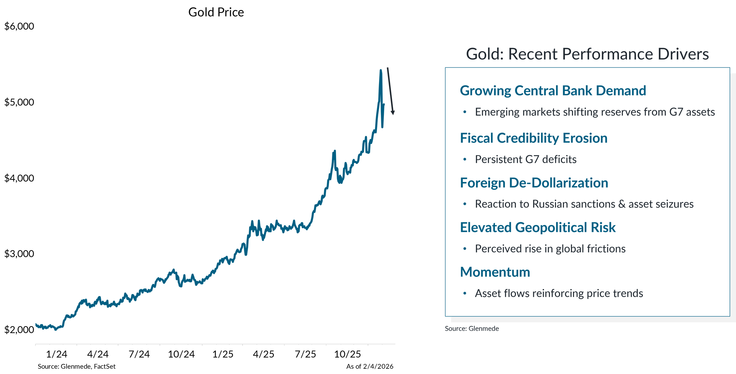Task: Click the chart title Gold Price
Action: click(x=216, y=12)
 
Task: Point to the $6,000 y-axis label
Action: click(x=19, y=26)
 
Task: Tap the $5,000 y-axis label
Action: click(x=19, y=102)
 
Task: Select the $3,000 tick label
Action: click(x=19, y=254)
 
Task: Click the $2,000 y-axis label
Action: click(x=19, y=329)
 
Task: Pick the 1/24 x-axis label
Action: click(x=57, y=354)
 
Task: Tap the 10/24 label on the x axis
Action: click(x=181, y=354)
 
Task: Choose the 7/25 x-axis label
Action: click(x=305, y=354)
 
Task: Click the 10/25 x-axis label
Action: click(x=347, y=354)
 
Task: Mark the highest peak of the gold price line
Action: click(x=381, y=70)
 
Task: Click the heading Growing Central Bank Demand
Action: click(x=553, y=91)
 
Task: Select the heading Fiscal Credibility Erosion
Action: click(x=534, y=138)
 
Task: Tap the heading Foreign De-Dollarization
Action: click(x=534, y=183)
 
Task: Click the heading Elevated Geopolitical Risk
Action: click(x=538, y=227)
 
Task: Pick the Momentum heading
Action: click(x=495, y=272)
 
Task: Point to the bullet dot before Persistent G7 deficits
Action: click(x=465, y=159)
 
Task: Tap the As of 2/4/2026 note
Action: click(x=369, y=366)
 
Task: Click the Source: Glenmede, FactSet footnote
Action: click(x=77, y=366)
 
